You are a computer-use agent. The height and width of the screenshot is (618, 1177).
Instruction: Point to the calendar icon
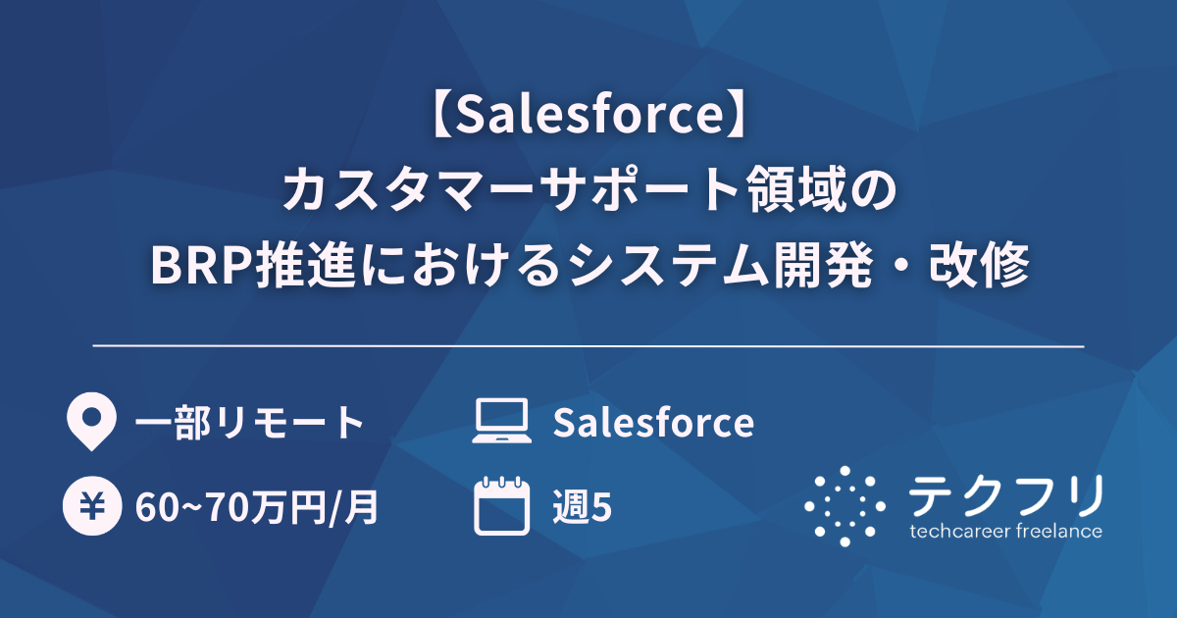[501, 506]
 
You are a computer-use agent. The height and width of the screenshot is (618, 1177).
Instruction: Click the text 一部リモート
[249, 423]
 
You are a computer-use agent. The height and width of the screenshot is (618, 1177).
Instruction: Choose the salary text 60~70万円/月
[257, 508]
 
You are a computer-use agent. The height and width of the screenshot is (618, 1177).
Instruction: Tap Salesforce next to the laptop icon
[653, 423]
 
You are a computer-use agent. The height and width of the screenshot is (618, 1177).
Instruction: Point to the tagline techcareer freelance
[1005, 532]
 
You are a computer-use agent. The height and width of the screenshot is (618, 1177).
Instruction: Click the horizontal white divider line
[588, 346]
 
